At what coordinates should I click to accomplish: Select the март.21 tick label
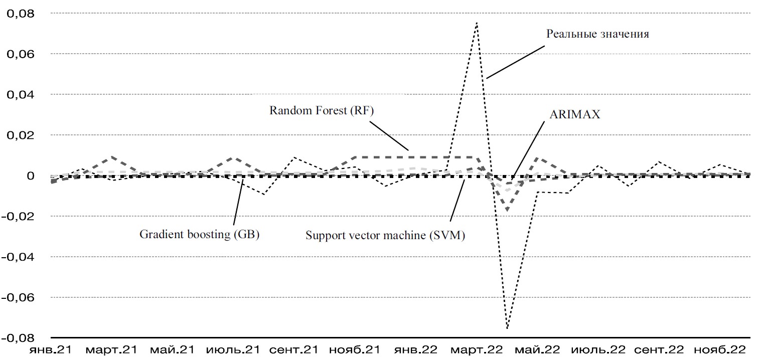[x=111, y=349]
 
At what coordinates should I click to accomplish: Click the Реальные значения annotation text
[x=597, y=34]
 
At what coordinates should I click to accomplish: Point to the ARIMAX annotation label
[x=575, y=114]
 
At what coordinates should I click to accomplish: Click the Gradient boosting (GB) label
[x=199, y=234]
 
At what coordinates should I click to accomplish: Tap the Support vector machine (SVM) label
[x=385, y=235]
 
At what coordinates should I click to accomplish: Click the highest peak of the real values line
[x=476, y=23]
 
